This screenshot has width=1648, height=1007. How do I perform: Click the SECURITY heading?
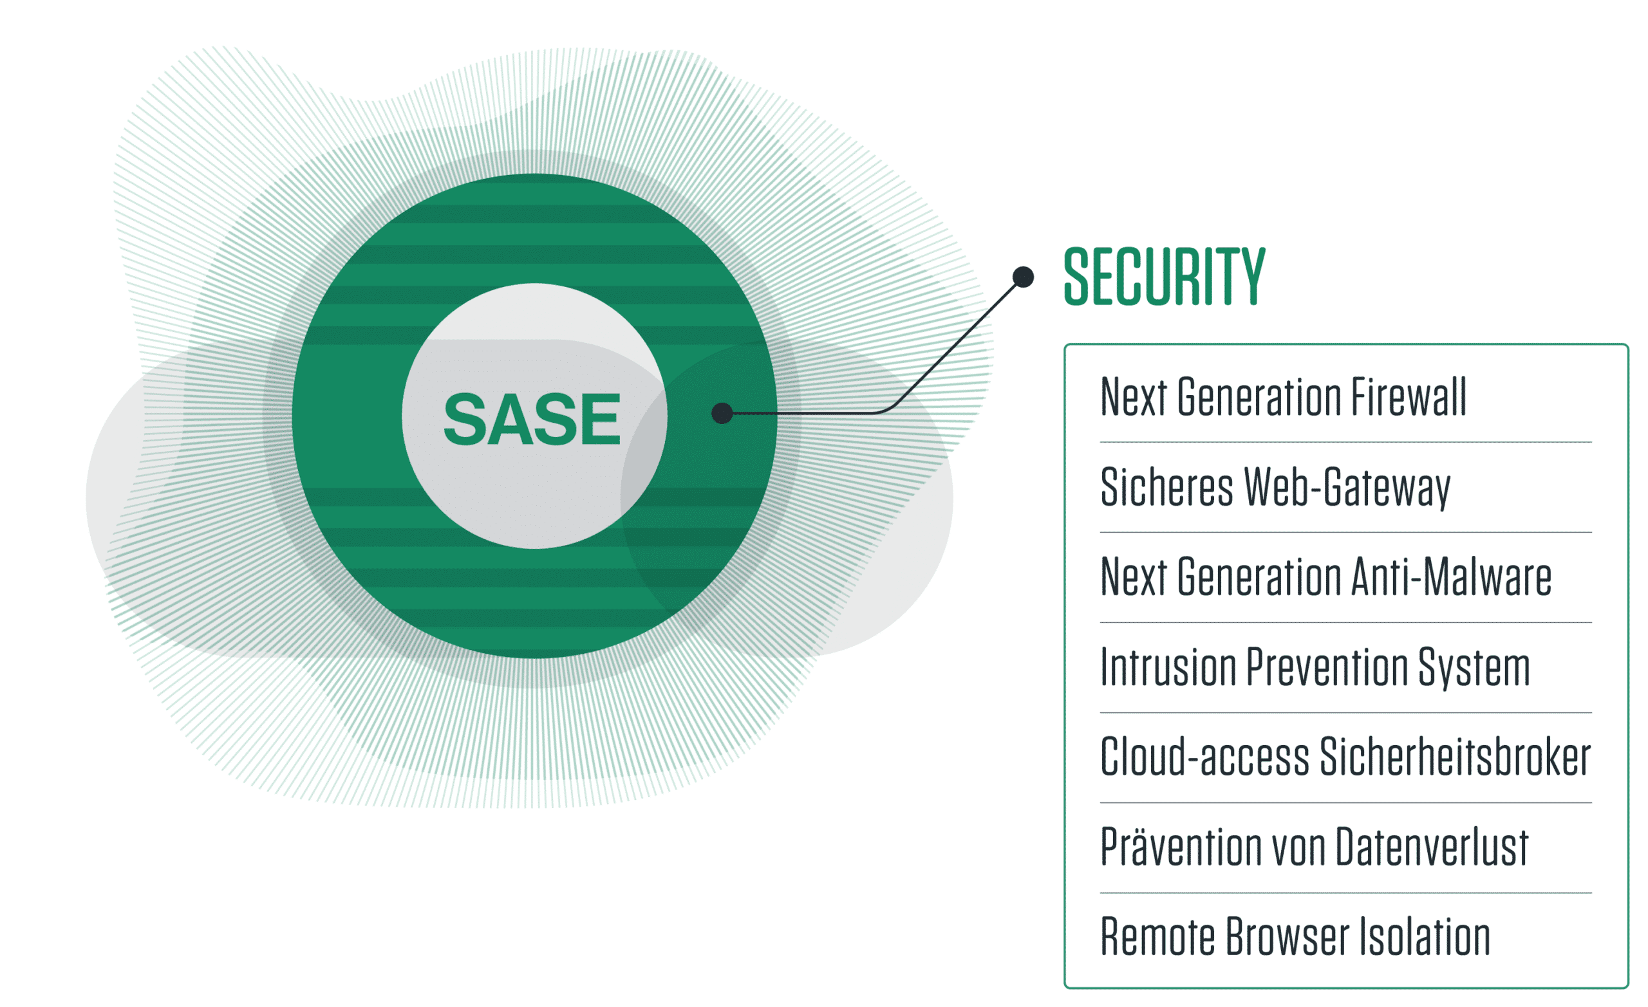pyautogui.click(x=1165, y=276)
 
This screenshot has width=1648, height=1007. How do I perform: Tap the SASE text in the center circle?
pyautogui.click(x=532, y=420)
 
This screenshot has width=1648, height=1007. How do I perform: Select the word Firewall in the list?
pyautogui.click(x=1409, y=397)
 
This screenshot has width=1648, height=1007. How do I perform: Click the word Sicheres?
pyautogui.click(x=1166, y=487)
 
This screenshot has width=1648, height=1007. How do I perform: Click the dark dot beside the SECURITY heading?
pyautogui.click(x=1024, y=277)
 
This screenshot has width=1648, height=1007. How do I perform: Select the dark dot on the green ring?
pyautogui.click(x=722, y=413)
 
